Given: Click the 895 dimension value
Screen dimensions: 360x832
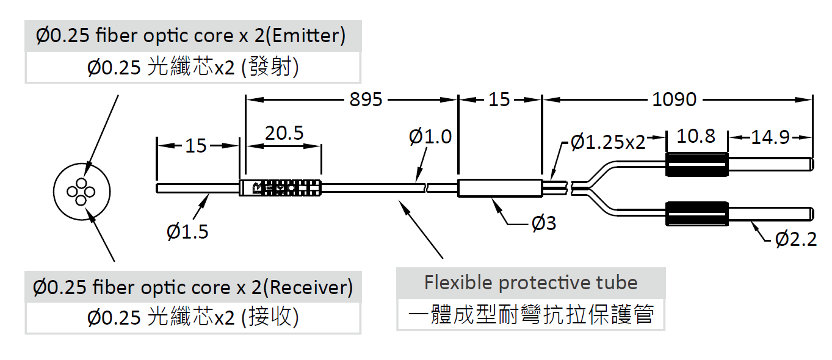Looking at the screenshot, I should coord(366,99).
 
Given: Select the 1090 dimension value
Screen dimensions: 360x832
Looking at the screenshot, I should coord(674,99).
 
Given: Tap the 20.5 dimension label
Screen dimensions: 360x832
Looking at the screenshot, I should coord(284,134).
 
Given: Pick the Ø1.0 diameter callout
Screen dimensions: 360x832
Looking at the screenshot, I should coord(430,137).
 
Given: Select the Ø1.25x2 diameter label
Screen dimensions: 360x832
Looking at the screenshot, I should coord(608,143).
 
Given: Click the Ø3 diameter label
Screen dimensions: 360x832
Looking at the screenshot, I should coord(544,224).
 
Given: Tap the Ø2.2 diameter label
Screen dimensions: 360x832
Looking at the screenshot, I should coord(796,240).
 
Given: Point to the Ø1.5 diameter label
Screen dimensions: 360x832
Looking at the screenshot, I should coord(187,232).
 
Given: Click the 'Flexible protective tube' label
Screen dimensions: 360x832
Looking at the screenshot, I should coord(530,283).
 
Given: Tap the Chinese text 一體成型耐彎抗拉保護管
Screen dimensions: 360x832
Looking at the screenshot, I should coord(530,315).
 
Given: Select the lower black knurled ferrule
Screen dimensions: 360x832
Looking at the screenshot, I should coord(696,213).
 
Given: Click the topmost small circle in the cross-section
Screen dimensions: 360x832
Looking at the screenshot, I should coord(81,182).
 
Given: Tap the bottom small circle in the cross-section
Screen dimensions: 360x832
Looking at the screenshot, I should coord(81,200).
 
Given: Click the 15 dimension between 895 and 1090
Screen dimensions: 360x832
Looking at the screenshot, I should coord(499,99).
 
